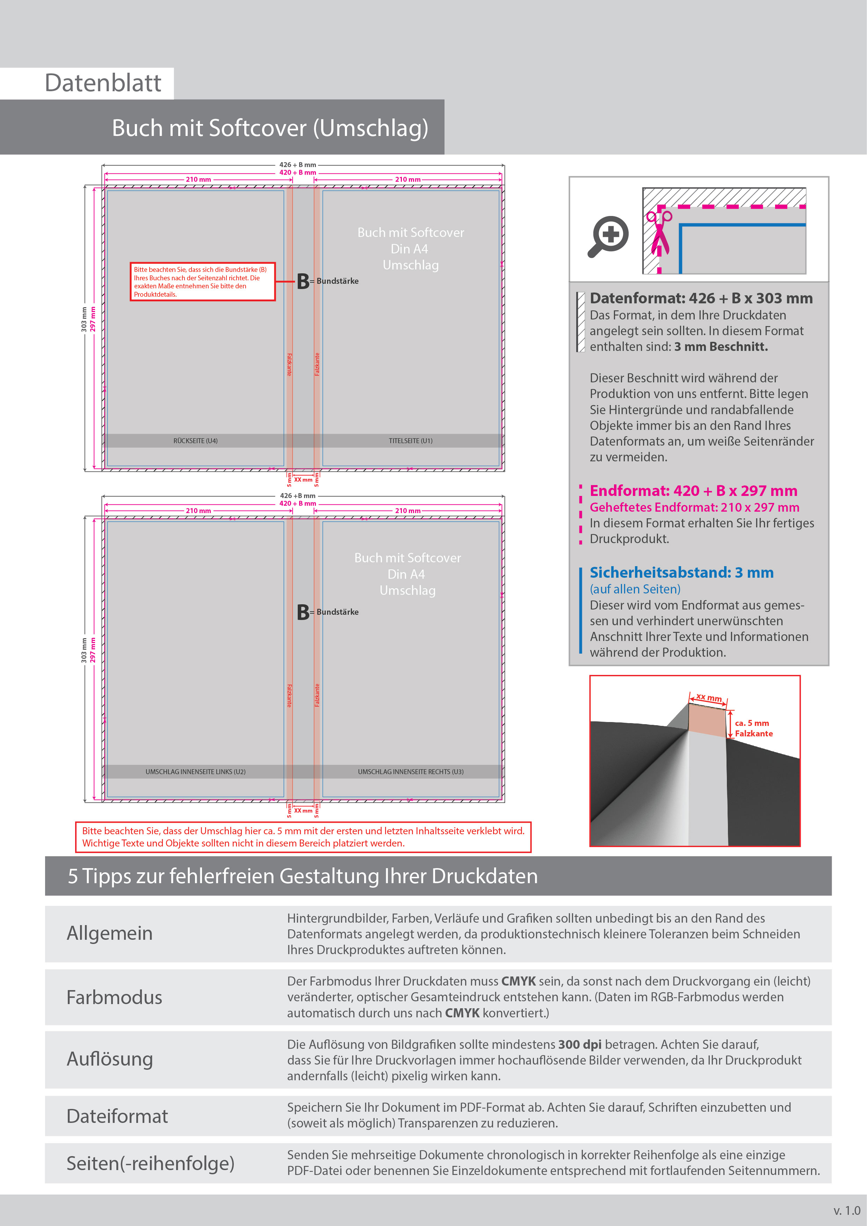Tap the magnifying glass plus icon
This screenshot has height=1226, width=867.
coord(609,236)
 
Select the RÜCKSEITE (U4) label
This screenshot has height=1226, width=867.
coord(195,440)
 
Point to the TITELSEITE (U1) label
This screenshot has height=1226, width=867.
coord(411,440)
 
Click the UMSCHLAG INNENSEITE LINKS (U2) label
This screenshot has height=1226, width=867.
coord(195,772)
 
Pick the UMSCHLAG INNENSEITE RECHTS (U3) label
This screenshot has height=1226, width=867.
coord(411,772)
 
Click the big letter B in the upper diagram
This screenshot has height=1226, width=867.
coord(303,281)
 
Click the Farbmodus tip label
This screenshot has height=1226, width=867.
coord(114,997)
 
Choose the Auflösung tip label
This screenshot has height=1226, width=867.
coord(110,1059)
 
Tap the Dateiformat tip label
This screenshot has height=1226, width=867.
coord(117,1116)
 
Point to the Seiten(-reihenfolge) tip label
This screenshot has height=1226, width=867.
coord(151,1163)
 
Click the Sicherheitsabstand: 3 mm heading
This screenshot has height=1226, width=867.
coord(681,572)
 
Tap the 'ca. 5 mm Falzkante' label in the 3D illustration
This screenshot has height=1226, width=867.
coord(753,728)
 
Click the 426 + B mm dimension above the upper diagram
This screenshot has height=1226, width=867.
coord(297,165)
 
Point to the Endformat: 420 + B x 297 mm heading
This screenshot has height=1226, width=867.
coord(693,491)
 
